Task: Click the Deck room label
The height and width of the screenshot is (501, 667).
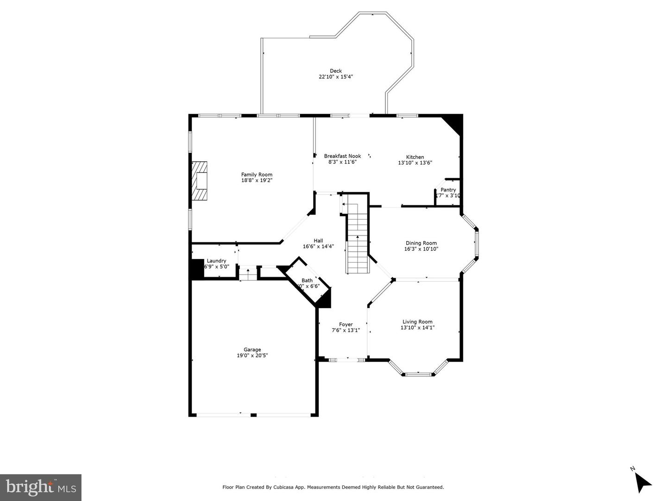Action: [336, 71]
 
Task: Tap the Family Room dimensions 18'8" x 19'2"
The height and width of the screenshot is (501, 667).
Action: [257, 180]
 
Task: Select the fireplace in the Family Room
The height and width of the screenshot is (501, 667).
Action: [200, 181]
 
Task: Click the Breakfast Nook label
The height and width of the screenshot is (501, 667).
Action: [342, 156]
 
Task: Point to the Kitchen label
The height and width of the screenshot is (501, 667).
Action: [415, 157]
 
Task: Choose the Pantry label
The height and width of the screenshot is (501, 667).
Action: [448, 190]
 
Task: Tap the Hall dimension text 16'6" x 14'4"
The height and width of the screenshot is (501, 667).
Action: [318, 247]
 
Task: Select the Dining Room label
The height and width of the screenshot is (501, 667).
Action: [421, 243]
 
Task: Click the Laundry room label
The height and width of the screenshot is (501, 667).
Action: [216, 261]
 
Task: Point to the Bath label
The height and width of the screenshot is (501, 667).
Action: [307, 280]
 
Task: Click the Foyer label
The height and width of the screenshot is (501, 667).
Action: [346, 324]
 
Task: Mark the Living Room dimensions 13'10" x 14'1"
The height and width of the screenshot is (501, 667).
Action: [417, 328]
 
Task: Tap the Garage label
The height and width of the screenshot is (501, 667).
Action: [252, 350]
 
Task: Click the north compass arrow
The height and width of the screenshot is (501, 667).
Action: [642, 482]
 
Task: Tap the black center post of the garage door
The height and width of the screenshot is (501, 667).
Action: [253, 415]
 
